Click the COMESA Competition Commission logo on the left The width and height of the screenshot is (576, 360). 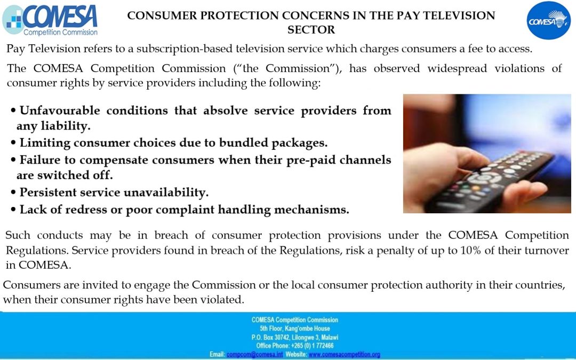[50, 20]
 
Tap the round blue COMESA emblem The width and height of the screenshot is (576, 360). [548, 20]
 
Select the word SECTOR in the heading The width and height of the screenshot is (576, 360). [311, 30]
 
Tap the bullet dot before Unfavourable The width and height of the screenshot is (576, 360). [13, 110]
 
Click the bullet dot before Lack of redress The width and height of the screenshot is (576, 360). [13, 210]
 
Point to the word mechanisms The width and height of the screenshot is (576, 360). [311, 210]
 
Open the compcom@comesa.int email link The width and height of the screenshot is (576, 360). [254, 355]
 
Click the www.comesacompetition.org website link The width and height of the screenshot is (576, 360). [344, 355]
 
